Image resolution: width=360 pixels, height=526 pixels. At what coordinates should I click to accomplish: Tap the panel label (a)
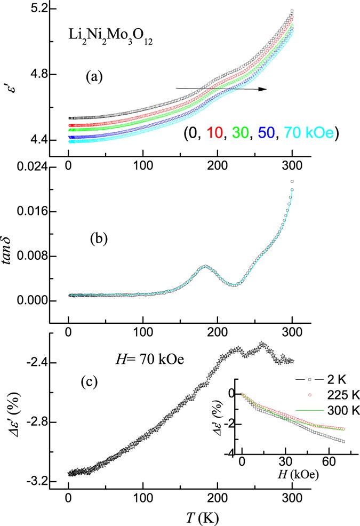pyautogui.click(x=98, y=77)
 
